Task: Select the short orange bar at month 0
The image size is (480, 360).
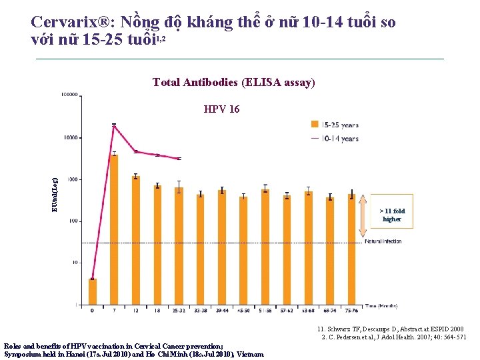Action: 93,291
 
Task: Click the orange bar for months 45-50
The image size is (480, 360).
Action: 243,250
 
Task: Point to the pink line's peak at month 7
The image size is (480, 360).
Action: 114,125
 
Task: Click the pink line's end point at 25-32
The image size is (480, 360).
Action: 178,159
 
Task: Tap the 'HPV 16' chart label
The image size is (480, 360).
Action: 221,109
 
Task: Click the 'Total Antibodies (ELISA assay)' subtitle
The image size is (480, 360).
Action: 233,82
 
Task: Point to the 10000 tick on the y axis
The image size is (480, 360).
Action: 69,137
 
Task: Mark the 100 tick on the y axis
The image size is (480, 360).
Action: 71,221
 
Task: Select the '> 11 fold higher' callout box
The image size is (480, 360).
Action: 393,215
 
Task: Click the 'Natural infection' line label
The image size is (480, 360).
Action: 383,242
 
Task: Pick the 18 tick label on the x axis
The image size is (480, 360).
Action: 157,310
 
